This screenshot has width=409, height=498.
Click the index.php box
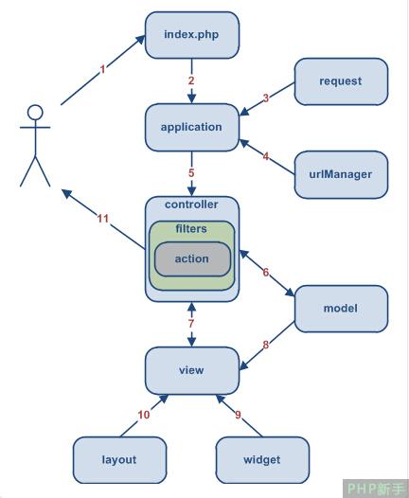coord(192,35)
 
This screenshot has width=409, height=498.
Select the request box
coord(341,81)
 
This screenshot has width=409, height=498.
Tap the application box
coord(192,128)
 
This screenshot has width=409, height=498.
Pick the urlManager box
coord(341,175)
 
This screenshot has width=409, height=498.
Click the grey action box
coord(192,258)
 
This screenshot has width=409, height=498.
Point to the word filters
coord(191,229)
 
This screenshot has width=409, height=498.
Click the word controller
coord(191,205)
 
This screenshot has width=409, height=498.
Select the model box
coord(341,309)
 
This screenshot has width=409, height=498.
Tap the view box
coord(192,370)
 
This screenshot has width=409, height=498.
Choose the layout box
coord(119,460)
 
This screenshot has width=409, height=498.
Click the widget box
coord(262,460)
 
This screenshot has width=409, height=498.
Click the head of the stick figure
coord(35,113)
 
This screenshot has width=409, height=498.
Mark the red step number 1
coord(102,69)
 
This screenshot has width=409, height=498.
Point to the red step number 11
coord(103,219)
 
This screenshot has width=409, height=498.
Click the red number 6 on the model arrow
coord(266,272)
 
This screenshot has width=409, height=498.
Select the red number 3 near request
coord(266,98)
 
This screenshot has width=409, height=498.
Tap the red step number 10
coord(144,415)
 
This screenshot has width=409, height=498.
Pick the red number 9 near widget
coord(239,415)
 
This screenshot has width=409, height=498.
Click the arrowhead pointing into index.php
coord(140,40)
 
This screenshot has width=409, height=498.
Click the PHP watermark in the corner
coord(376,489)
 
